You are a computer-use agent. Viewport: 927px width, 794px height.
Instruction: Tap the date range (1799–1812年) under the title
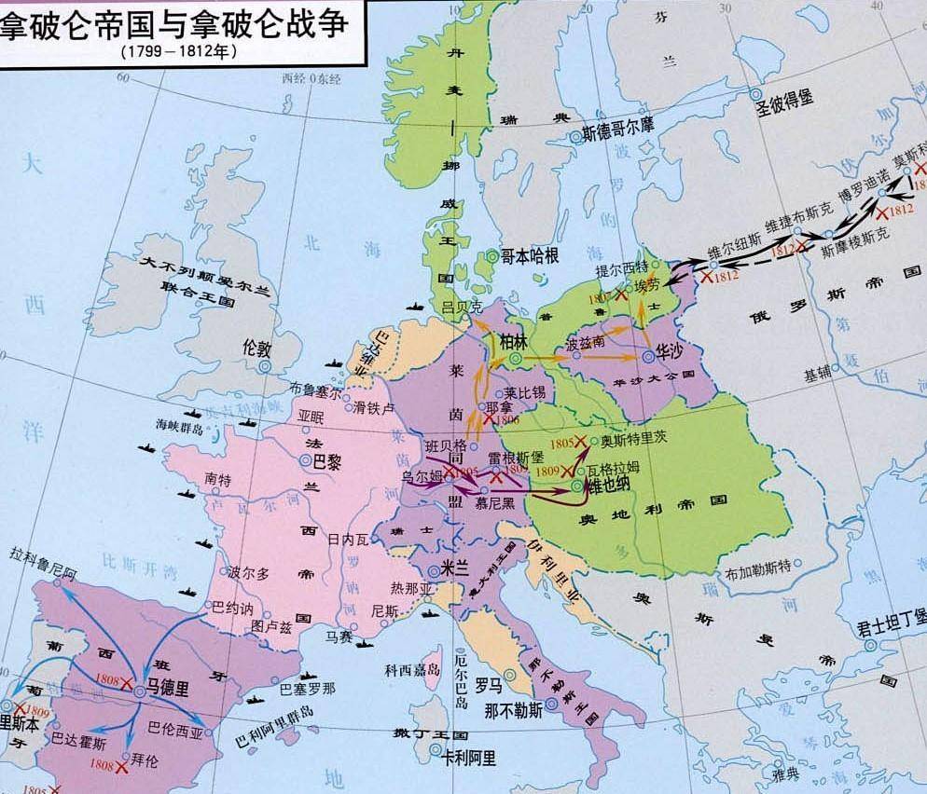(178, 52)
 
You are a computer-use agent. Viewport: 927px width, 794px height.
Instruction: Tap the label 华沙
(672, 355)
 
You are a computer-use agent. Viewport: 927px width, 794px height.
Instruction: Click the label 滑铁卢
(375, 406)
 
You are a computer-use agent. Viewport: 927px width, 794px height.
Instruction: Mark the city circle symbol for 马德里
(138, 690)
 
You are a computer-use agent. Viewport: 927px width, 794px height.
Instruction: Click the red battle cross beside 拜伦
(122, 767)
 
